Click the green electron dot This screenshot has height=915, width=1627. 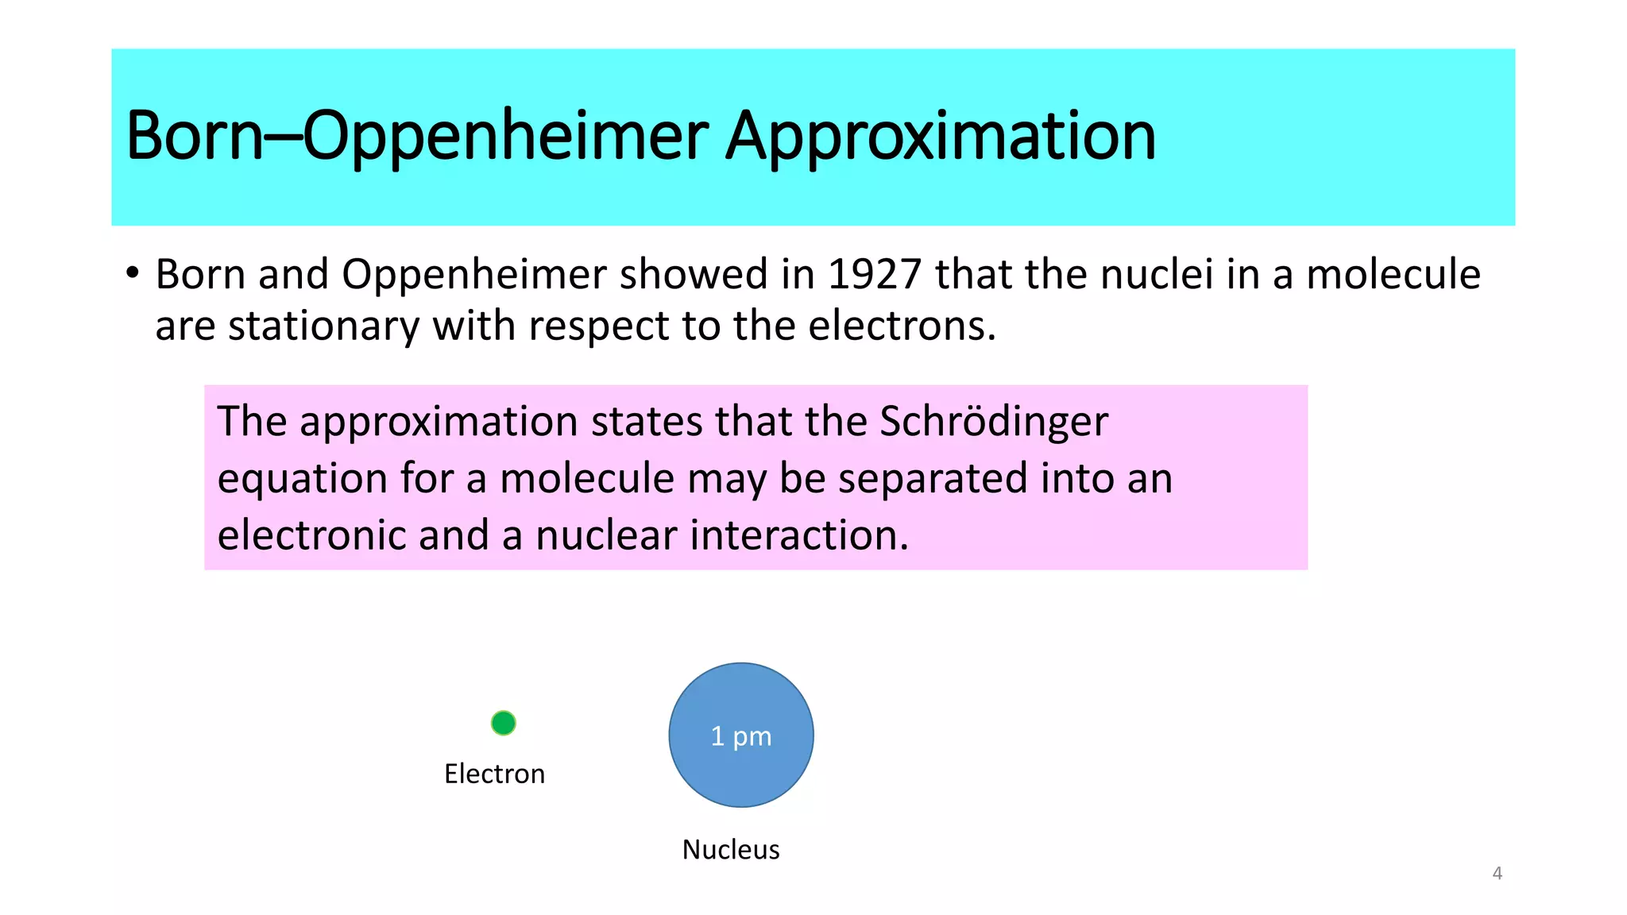504,723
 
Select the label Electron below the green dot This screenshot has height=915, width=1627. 494,774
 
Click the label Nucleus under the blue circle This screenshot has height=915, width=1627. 731,849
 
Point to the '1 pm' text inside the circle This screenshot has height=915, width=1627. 741,736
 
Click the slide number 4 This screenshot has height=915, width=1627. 1498,873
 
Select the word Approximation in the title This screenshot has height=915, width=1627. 941,136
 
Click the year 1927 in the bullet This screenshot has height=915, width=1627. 875,274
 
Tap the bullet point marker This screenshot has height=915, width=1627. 133,273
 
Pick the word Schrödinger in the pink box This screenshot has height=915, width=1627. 994,421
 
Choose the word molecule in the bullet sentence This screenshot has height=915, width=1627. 1393,274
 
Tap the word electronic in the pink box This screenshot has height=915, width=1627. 311,535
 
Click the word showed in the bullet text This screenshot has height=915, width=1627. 693,274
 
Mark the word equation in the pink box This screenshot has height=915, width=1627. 303,480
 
